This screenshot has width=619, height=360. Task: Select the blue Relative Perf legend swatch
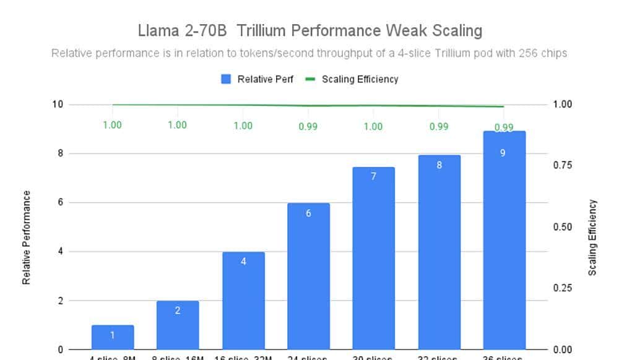click(x=226, y=79)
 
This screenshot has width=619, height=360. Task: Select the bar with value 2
click(x=178, y=325)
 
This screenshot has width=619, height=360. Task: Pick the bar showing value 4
click(x=243, y=301)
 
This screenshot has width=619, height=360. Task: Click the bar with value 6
click(x=308, y=276)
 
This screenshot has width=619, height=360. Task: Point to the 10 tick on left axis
click(x=58, y=104)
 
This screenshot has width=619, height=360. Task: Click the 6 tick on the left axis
click(x=61, y=202)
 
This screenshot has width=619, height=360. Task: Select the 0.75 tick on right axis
click(x=563, y=165)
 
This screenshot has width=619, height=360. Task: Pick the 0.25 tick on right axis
click(x=563, y=288)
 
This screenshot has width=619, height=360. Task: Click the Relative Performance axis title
click(x=27, y=238)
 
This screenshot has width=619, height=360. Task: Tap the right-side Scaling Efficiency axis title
click(x=592, y=238)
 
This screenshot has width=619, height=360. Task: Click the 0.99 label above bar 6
click(x=308, y=126)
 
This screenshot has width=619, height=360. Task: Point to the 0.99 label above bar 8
click(x=439, y=126)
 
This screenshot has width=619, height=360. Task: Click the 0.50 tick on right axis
click(x=563, y=227)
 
